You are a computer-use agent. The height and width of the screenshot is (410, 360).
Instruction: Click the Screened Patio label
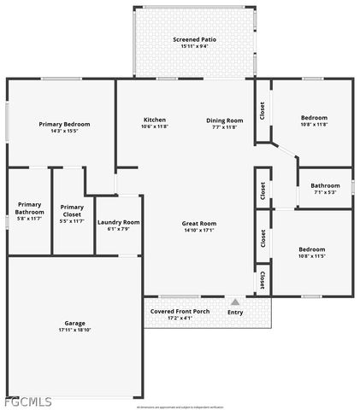[193, 39]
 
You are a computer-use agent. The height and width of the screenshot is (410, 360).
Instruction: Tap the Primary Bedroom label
[64, 124]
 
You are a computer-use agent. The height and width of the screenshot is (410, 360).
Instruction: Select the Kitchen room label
[155, 120]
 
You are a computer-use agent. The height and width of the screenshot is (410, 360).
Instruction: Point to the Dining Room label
[225, 120]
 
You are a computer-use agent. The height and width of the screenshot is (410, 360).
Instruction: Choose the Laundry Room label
[118, 222]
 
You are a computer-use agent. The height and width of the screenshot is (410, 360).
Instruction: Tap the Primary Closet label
[72, 209]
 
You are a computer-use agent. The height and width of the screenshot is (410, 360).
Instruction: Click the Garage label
[74, 323]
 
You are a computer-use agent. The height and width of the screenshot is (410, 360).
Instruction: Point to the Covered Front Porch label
[180, 312]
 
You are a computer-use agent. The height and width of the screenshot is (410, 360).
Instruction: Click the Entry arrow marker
[235, 302]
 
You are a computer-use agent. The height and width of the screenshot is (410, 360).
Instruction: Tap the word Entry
[235, 313]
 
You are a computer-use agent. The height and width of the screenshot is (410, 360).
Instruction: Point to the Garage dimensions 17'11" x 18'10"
[74, 330]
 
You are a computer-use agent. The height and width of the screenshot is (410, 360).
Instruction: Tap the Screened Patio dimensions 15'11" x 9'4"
[193, 46]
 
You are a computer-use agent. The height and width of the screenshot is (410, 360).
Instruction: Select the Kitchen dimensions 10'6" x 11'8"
[155, 127]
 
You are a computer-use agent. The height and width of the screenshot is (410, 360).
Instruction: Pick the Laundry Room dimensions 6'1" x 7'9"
[118, 229]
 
